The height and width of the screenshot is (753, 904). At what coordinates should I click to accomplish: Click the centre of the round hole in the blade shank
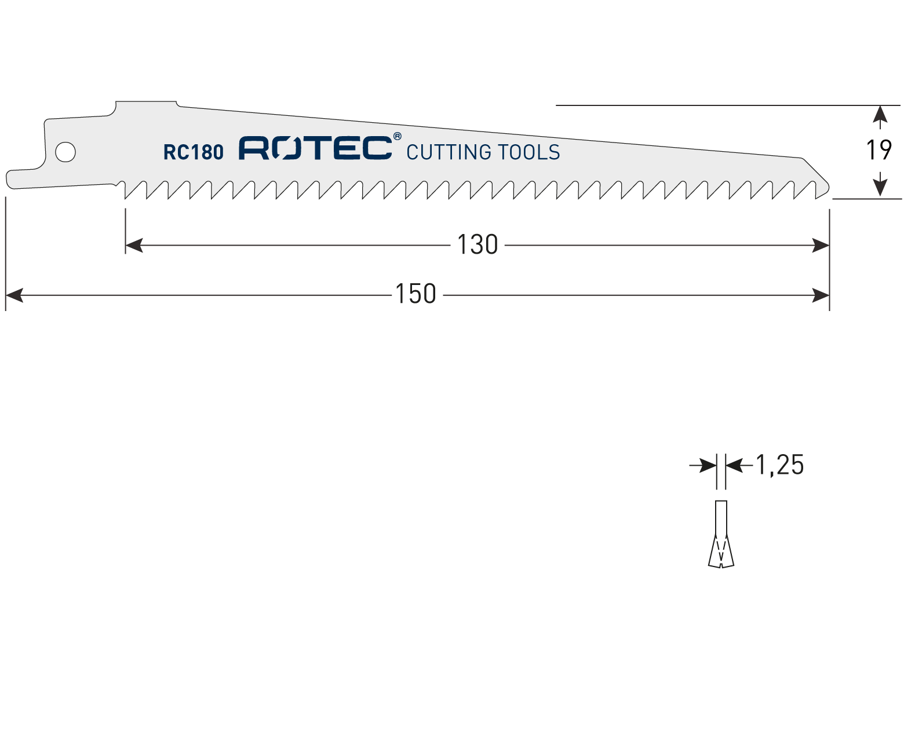coord(65,152)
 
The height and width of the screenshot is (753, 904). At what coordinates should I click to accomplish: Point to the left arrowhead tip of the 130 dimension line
coord(126,246)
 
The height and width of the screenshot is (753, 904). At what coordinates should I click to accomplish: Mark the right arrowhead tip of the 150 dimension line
coord(829,295)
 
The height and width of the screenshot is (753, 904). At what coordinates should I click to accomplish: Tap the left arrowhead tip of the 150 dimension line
coord(6,295)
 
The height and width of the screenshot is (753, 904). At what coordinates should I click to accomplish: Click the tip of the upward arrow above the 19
coord(880,106)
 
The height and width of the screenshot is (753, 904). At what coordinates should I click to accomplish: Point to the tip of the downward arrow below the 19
coord(880,198)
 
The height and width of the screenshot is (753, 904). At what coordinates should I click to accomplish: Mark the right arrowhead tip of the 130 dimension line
coord(829,246)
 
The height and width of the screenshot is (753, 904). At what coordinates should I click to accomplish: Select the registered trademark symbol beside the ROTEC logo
coord(397,136)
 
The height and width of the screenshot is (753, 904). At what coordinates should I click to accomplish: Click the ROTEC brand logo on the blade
coord(316,148)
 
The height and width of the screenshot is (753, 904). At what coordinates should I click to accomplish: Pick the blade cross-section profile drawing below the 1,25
coord(721,534)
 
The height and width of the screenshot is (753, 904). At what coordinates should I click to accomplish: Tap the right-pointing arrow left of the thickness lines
coord(703,466)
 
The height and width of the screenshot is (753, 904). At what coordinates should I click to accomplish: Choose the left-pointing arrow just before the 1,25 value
coord(739,466)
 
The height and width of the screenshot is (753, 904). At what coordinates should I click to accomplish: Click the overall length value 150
coord(415,294)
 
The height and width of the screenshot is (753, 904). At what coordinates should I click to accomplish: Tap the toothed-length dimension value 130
coord(477,244)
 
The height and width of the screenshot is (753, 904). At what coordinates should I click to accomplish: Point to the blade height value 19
coord(879,150)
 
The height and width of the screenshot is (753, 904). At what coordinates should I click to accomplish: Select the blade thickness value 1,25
coord(780,465)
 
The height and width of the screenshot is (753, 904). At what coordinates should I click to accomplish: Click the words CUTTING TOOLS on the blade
coord(483,152)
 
